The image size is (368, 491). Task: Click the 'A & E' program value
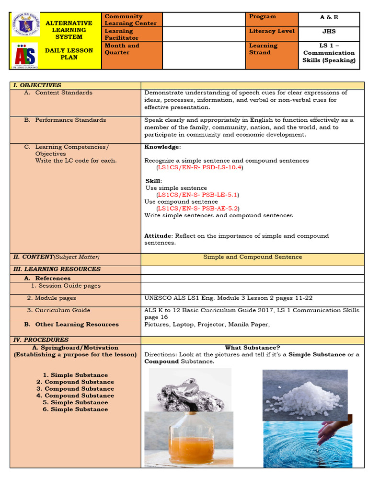tap(329, 17)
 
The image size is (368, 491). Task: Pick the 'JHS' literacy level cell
tap(329, 31)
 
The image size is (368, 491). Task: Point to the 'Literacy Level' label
tap(272, 31)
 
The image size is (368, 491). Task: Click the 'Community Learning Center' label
tap(130, 20)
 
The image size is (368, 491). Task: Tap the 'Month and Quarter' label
tap(122, 49)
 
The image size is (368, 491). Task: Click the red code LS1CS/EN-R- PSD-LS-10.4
tap(200, 168)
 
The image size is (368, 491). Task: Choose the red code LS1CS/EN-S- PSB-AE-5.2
tap(198, 209)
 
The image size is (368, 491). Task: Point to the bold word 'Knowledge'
tap(162, 147)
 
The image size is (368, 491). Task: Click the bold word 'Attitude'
tap(158, 236)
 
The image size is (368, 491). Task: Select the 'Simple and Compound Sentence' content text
tap(253, 257)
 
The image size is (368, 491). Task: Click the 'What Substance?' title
tap(253, 348)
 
